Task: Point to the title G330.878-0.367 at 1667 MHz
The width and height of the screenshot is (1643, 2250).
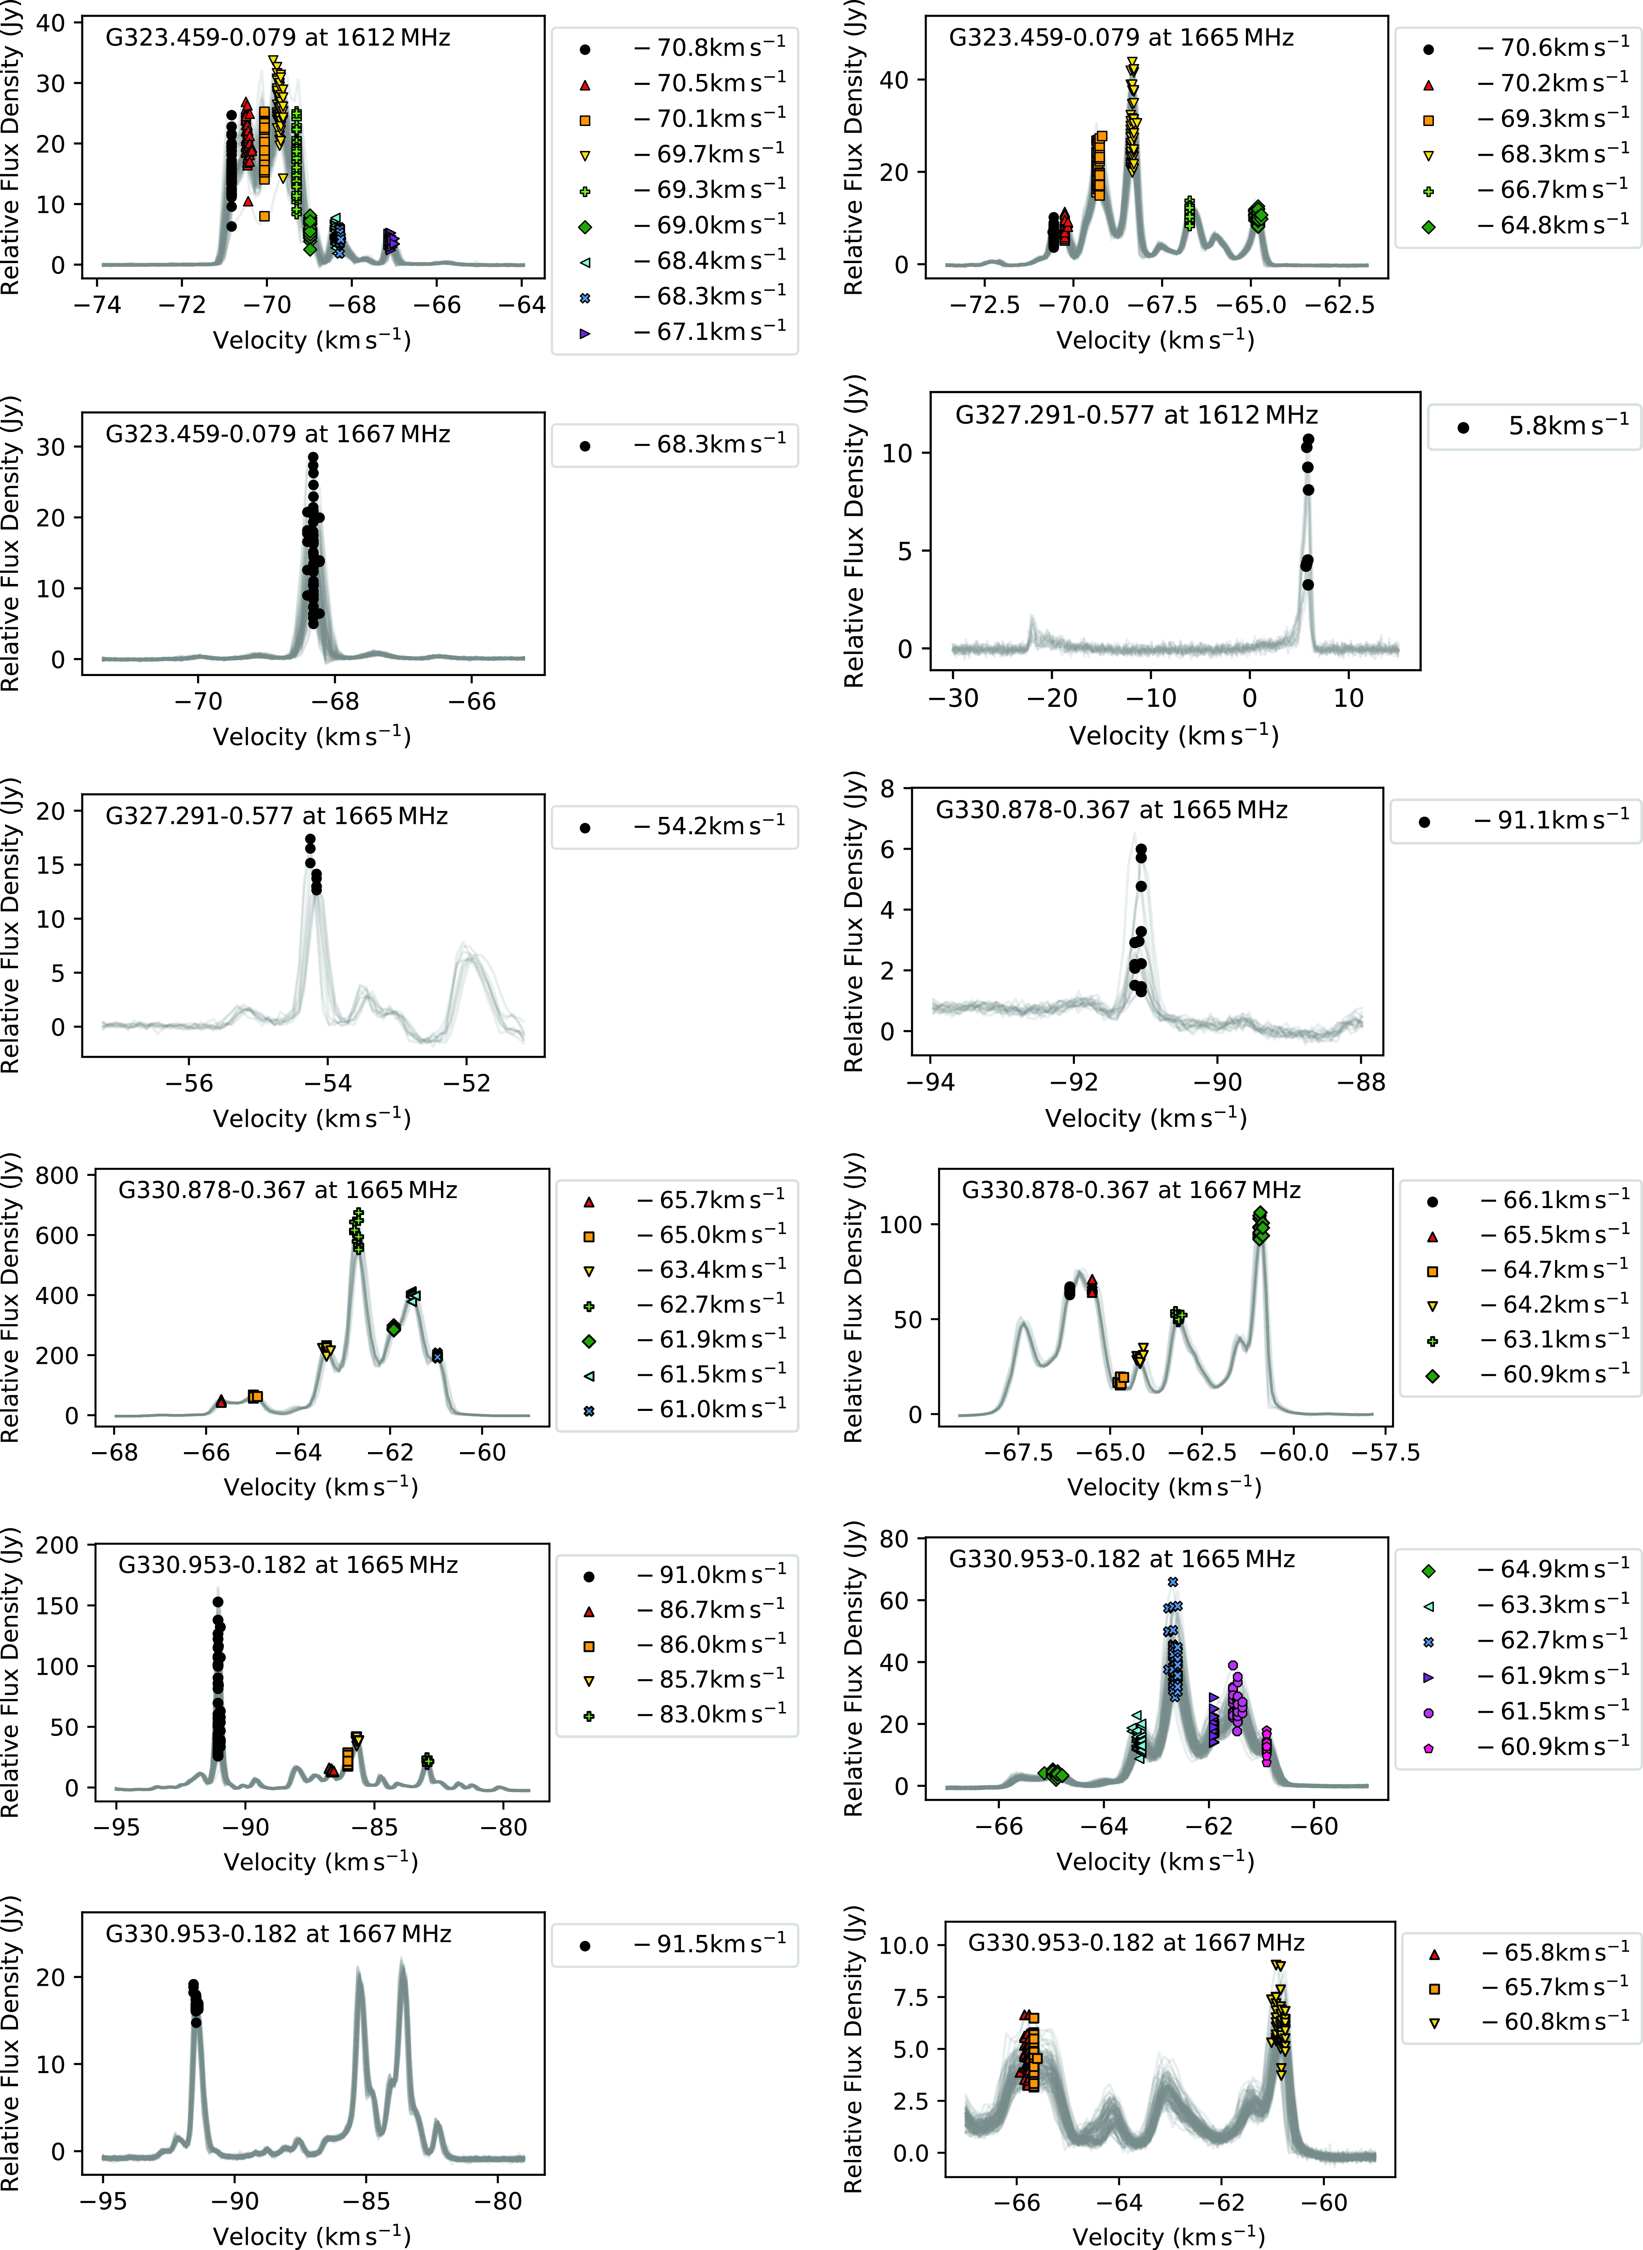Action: (x=1131, y=1190)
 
